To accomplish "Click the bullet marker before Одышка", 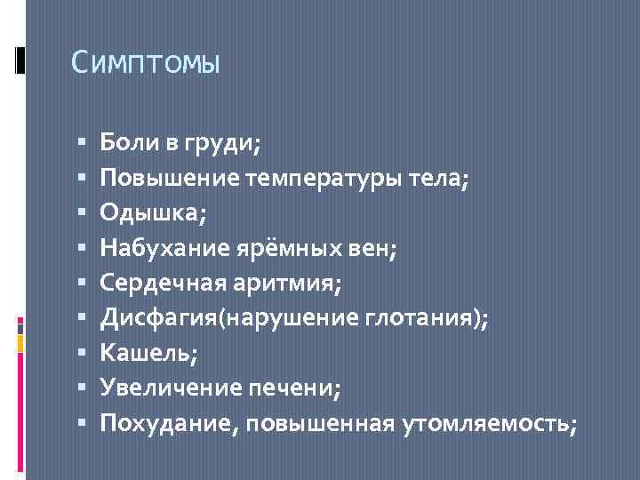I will pos(81,212).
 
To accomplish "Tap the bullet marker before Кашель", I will pos(81,354).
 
